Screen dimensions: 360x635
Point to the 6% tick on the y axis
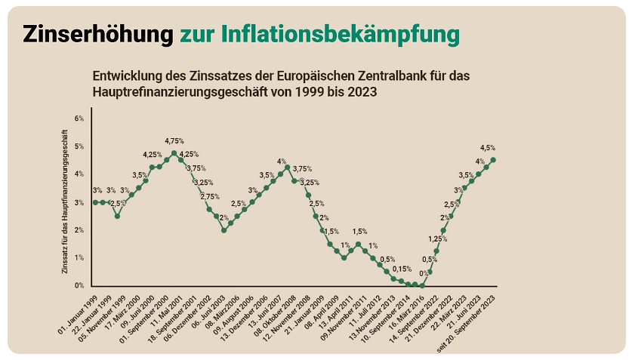[79, 118]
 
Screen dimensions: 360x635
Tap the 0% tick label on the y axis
[79, 285]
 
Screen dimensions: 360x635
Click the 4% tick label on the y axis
[79, 174]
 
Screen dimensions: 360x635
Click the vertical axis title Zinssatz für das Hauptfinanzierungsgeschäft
[66, 202]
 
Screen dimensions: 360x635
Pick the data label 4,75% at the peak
[174, 140]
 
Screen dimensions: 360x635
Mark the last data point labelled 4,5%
[493, 160]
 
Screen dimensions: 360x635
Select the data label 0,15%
[402, 269]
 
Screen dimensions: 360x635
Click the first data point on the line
[95, 202]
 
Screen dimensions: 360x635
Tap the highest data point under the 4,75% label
[174, 153]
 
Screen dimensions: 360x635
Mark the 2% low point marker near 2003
[223, 230]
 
